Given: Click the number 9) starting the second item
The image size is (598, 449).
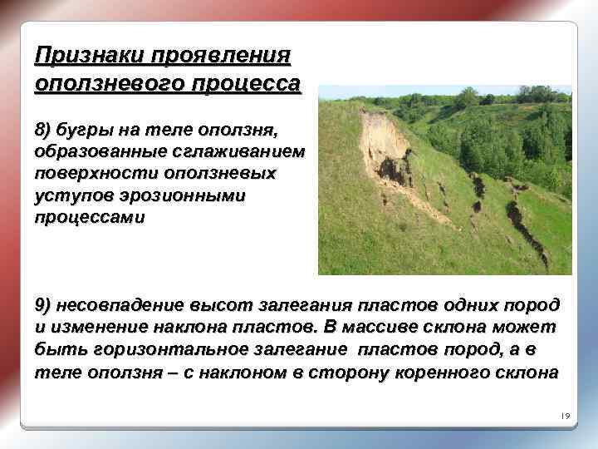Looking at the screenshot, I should [x=43, y=304].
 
